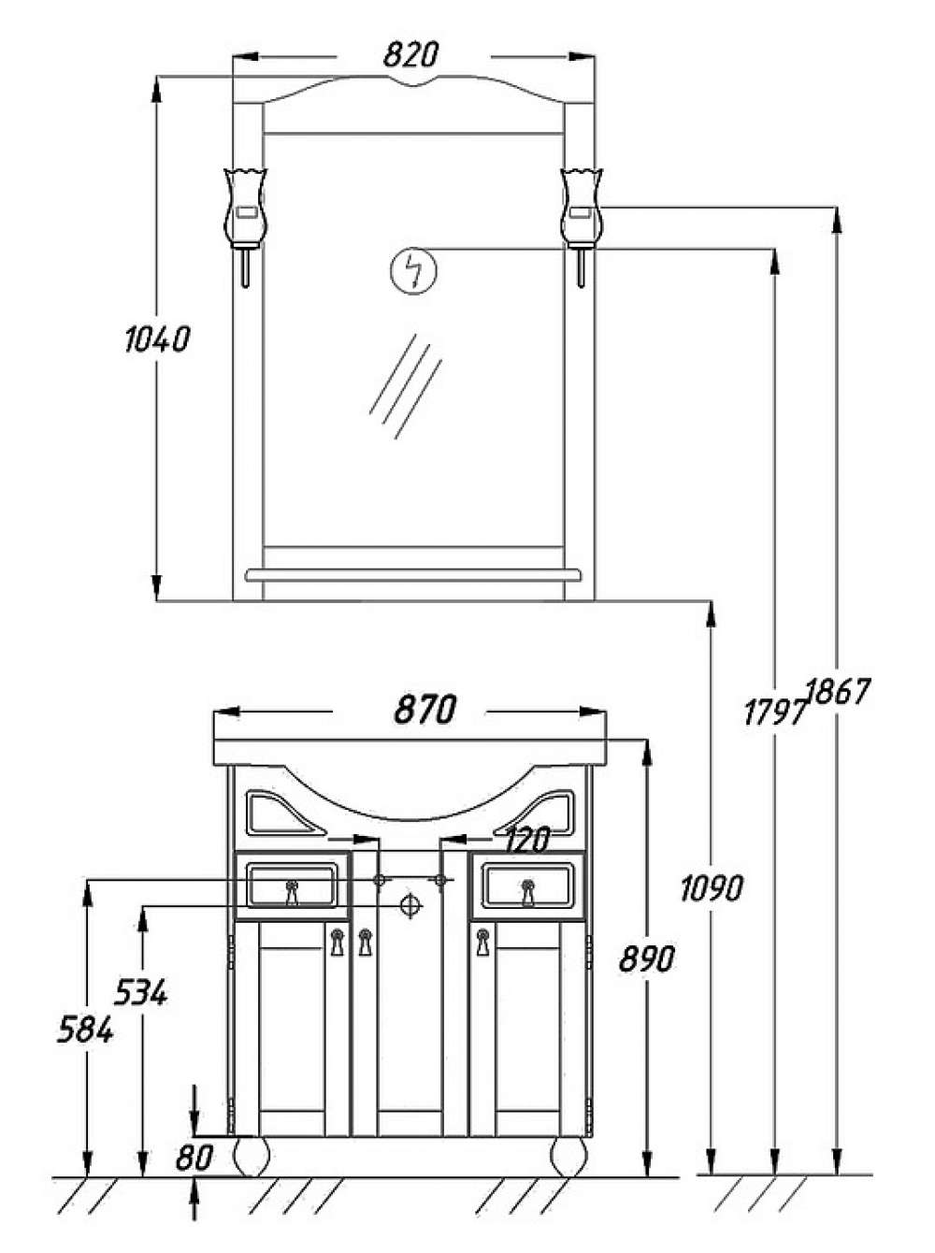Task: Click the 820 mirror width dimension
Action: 410,56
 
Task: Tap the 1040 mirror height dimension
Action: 156,339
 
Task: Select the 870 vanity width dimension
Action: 424,710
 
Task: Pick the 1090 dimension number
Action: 712,887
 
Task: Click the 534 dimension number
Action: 141,991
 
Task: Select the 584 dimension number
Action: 86,1031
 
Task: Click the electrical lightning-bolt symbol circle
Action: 412,269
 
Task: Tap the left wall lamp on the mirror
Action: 246,226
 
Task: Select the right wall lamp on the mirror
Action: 581,226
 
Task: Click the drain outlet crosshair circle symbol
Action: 410,905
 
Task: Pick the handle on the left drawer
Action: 292,892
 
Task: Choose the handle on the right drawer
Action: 526,892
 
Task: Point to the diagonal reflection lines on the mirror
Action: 406,386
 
